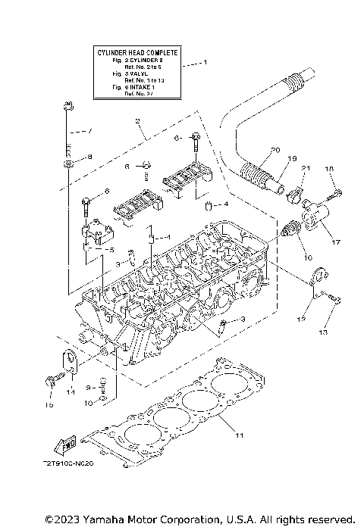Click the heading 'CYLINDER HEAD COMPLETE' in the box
point(137,52)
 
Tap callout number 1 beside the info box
point(202,64)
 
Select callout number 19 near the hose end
point(290,160)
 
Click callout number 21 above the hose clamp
point(306,167)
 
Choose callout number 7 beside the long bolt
point(89,130)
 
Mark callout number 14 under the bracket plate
point(70,391)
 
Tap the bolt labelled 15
point(51,382)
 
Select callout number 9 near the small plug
point(88,387)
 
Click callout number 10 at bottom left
point(88,404)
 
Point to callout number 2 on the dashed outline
point(137,120)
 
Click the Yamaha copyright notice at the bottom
point(199,519)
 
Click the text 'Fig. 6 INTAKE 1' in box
point(127,88)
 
